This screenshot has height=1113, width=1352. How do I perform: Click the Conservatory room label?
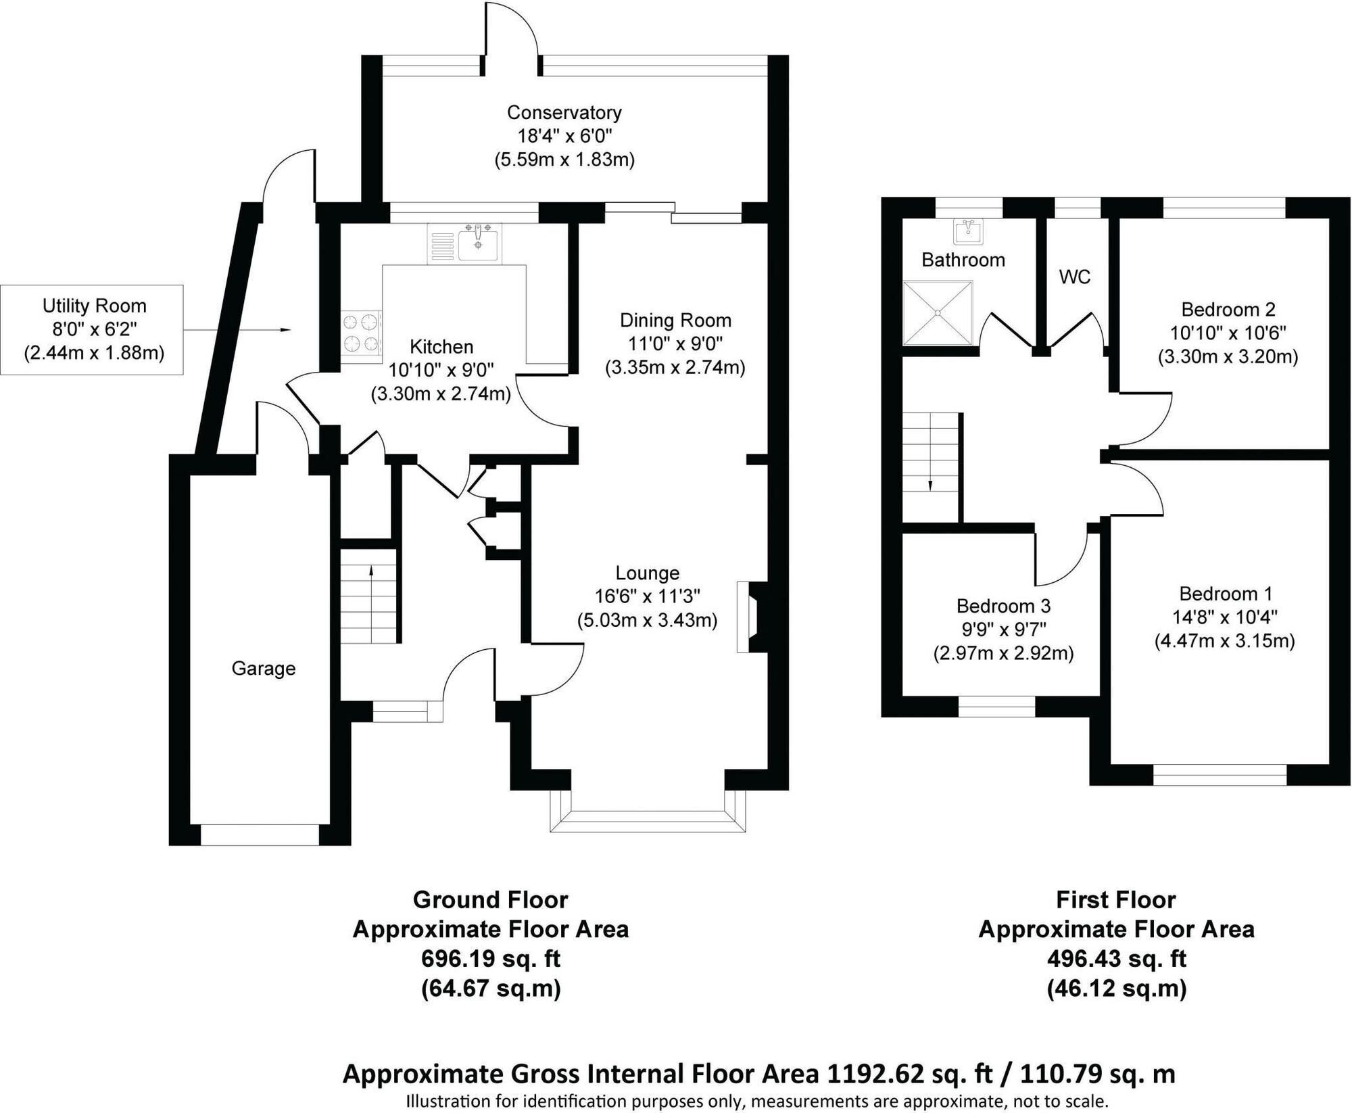click(x=564, y=112)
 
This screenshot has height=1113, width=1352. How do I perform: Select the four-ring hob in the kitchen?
click(x=362, y=333)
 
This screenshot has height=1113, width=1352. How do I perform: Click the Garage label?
click(x=264, y=669)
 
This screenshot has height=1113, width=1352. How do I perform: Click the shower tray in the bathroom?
click(x=938, y=312)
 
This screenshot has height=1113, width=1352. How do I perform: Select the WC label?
click(x=1075, y=277)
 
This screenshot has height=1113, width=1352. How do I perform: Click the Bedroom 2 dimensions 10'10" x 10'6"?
click(x=1228, y=333)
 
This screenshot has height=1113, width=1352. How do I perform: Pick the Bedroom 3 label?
click(x=1003, y=605)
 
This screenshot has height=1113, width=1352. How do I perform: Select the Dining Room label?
click(x=676, y=320)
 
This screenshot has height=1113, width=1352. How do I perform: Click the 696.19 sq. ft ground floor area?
click(x=491, y=959)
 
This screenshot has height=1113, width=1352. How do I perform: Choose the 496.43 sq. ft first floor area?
click(x=1116, y=959)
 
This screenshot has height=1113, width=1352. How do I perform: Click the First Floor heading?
click(x=1116, y=900)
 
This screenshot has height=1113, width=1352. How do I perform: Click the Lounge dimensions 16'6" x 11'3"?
click(x=648, y=596)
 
